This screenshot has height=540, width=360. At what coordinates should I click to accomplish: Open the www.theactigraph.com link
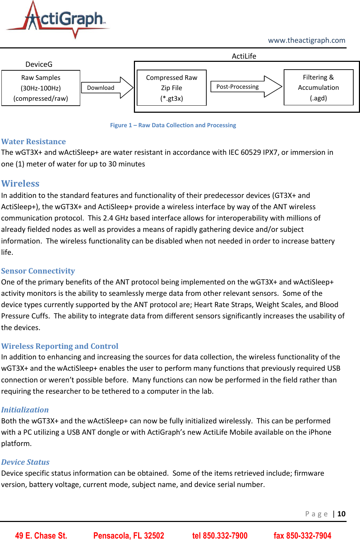point(306,40)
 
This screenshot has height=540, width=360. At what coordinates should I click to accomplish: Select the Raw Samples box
point(41,88)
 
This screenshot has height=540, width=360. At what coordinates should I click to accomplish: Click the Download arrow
point(106,88)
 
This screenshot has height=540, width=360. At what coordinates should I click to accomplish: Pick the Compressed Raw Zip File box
point(171,88)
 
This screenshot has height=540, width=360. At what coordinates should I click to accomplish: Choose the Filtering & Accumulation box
point(318,87)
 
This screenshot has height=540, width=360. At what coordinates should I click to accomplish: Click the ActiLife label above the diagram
point(244,56)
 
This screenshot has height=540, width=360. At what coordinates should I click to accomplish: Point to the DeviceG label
point(39,64)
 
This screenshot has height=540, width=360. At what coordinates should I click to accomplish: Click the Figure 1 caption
point(173,125)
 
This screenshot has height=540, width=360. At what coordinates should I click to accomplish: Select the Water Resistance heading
point(34,142)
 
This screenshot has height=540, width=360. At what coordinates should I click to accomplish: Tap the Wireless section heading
point(20,183)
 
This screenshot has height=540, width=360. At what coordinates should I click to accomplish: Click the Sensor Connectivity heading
point(38,271)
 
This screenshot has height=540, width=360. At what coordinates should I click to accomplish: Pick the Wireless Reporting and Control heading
point(60,346)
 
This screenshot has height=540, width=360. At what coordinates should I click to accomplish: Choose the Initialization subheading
point(25,410)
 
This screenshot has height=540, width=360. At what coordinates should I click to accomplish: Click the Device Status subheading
point(25,462)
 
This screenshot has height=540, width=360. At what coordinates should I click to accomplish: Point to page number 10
point(341,514)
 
